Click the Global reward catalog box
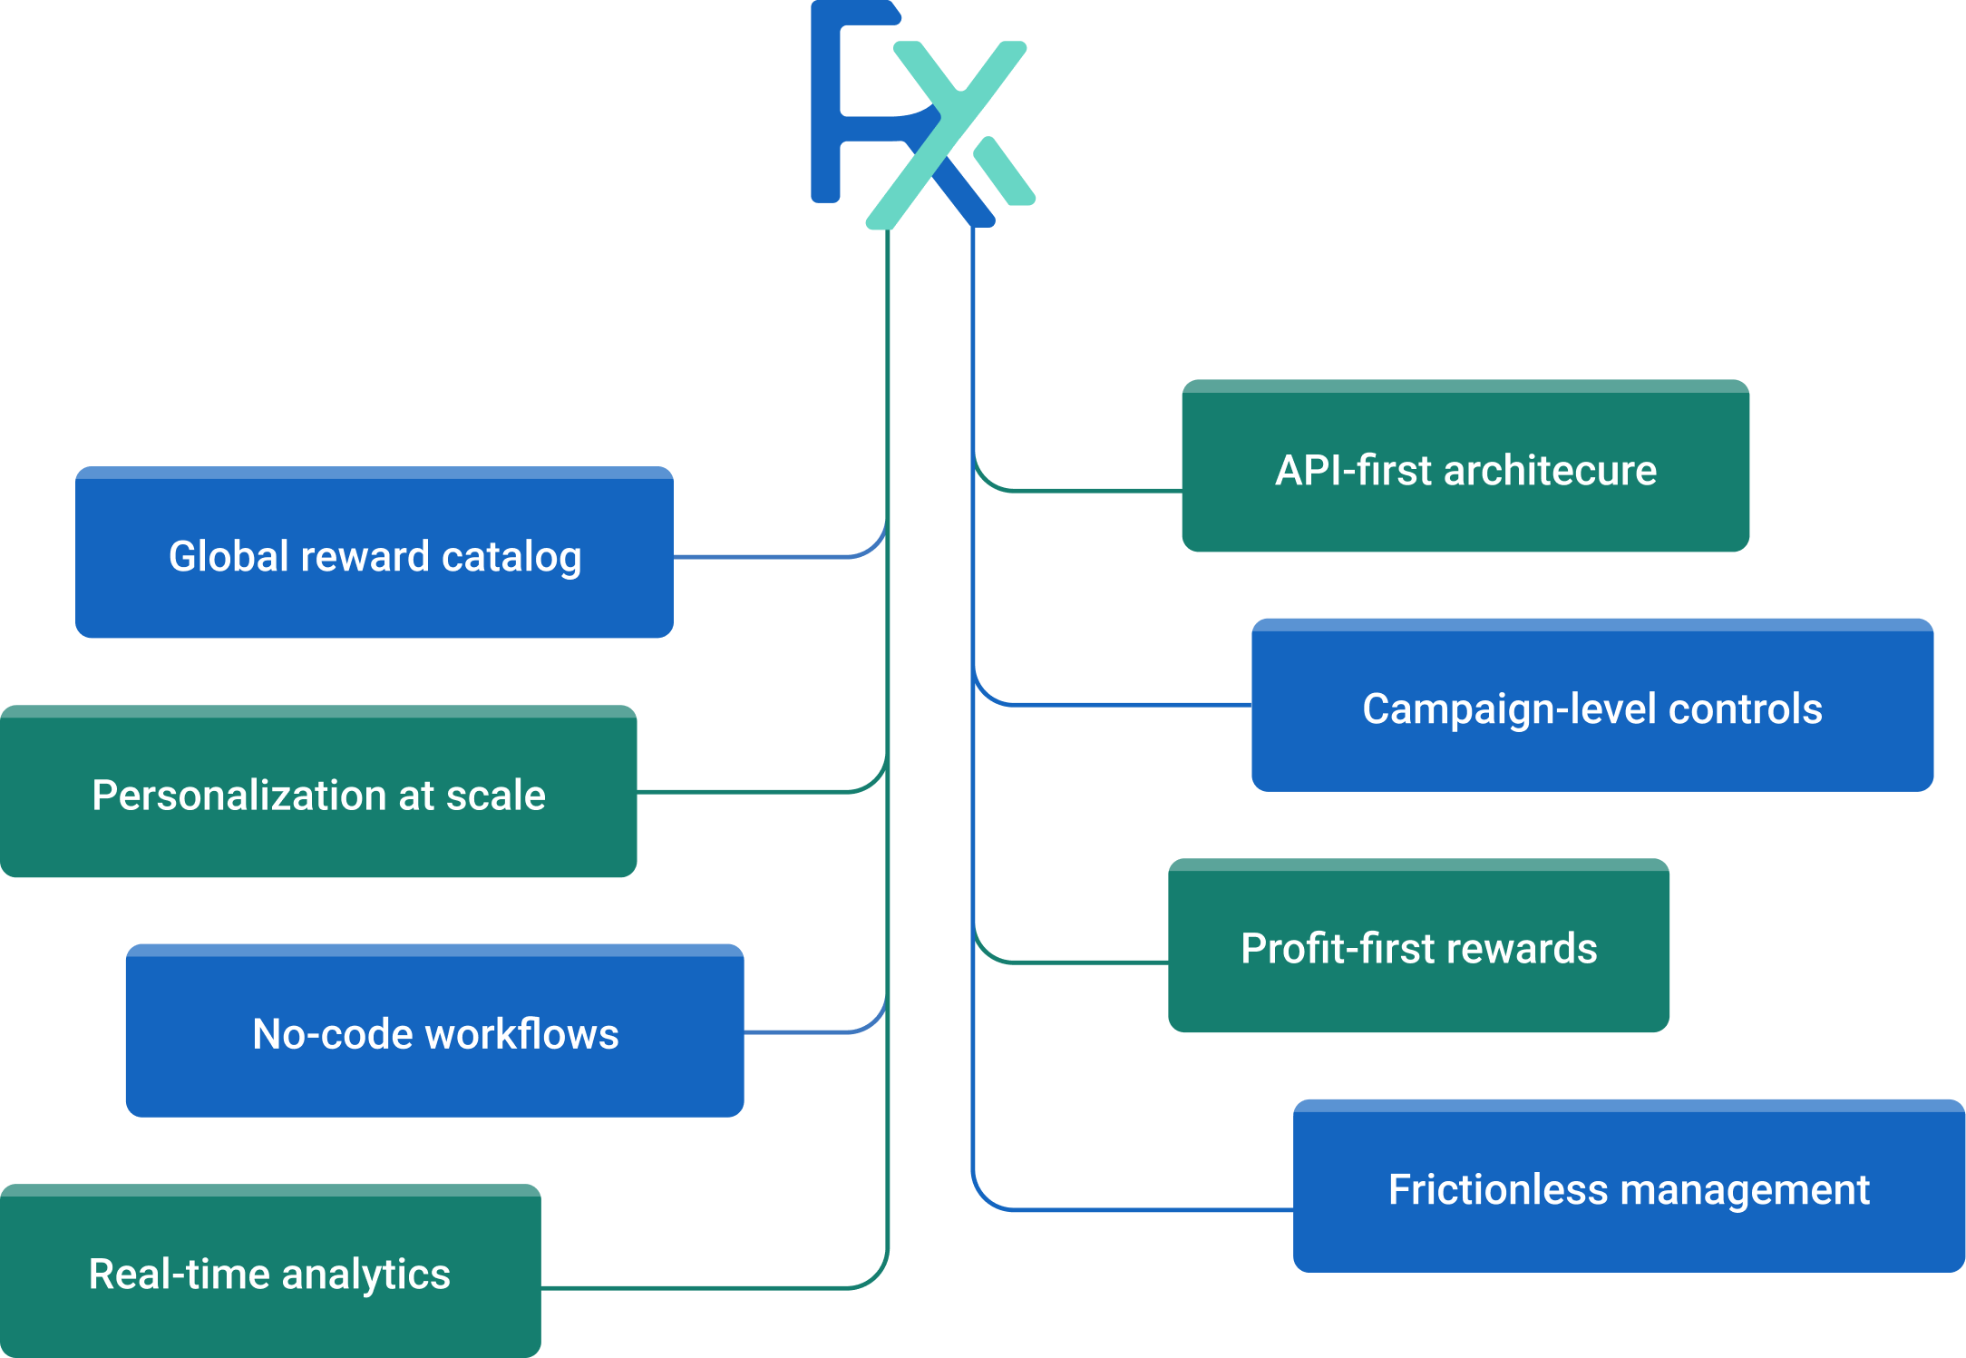pos(374,553)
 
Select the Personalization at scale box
pos(317,792)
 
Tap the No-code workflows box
pos(434,1031)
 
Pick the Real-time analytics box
pos(270,1272)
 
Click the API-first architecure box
pos(1465,467)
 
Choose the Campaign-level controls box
pos(1591,706)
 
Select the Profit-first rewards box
pos(1418,946)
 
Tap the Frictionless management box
pos(1629,1187)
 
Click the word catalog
pos(511,558)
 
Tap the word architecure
pos(1550,471)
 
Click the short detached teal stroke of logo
pos(1004,171)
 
